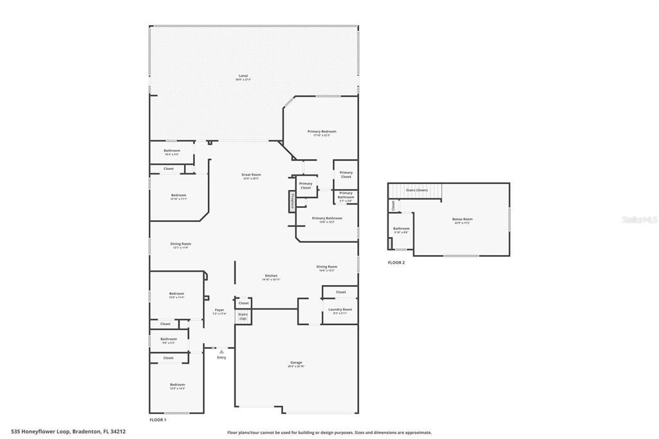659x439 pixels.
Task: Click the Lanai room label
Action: (243, 75)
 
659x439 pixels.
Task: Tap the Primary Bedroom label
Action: (321, 131)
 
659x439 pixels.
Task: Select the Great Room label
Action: (251, 174)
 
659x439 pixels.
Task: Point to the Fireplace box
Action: (292, 201)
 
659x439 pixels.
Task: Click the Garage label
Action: (296, 362)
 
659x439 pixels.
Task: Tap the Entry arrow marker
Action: (221, 351)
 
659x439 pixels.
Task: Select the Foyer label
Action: (219, 310)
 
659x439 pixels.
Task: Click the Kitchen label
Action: (271, 276)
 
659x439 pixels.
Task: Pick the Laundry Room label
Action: (340, 310)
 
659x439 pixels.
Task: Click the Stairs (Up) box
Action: (243, 316)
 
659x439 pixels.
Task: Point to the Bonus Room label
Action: (462, 219)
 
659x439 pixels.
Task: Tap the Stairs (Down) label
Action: (416, 191)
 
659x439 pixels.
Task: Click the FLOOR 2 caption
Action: (396, 263)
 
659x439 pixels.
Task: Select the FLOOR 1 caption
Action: (158, 420)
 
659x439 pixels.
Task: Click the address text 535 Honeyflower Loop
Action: (68, 432)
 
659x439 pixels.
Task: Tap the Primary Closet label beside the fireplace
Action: (306, 185)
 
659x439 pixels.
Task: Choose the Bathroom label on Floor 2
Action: (402, 229)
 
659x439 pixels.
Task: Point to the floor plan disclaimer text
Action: (329, 433)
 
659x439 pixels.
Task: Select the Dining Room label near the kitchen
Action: (327, 266)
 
